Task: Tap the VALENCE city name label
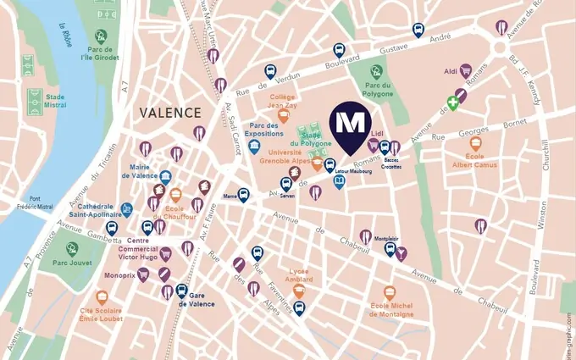(x=169, y=113)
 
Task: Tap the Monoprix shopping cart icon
(x=143, y=274)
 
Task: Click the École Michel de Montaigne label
(x=391, y=309)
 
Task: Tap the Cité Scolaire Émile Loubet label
(x=101, y=317)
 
